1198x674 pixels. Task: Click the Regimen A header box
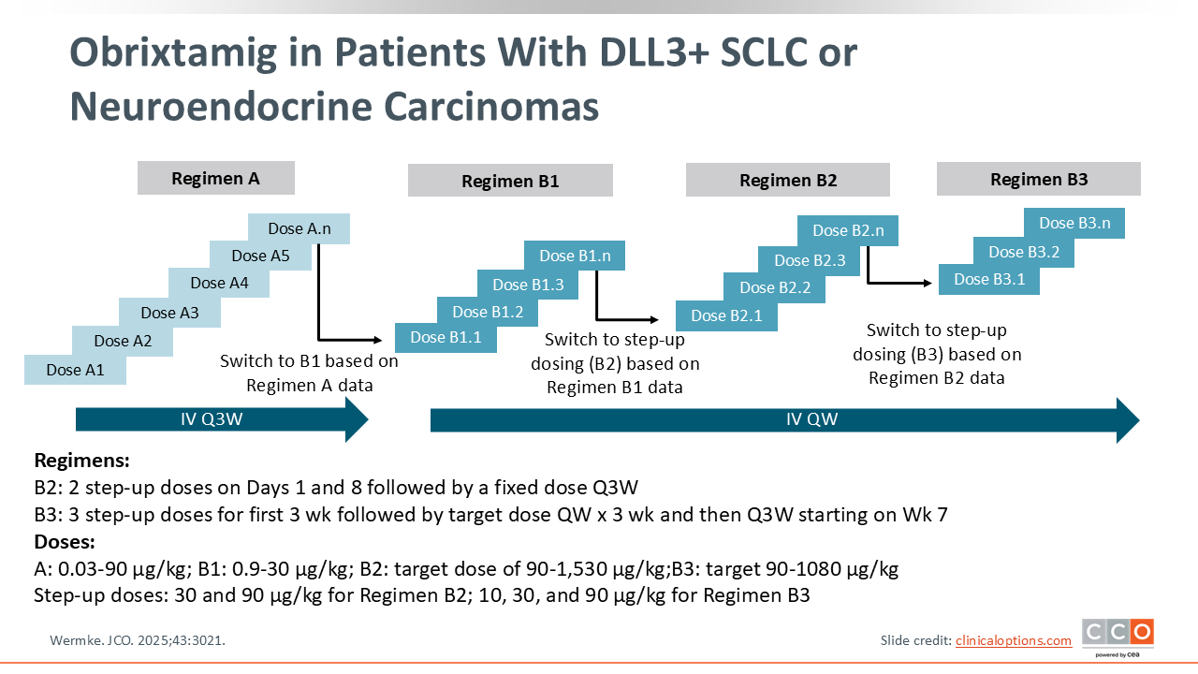click(215, 178)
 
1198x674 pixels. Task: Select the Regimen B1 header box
click(510, 181)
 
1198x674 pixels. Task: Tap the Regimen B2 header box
click(788, 180)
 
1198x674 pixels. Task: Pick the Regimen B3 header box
click(1039, 179)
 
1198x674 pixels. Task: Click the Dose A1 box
click(75, 370)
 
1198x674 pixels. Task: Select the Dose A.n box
click(299, 228)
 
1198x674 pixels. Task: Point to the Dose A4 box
click(220, 283)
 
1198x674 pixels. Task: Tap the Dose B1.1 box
click(446, 338)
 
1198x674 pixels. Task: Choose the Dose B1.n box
click(575, 256)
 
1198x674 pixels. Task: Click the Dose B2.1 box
click(726, 316)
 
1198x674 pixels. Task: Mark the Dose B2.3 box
click(810, 260)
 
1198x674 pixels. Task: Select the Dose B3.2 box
click(1023, 252)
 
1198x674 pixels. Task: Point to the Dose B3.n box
click(1074, 223)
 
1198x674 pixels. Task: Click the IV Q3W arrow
click(222, 418)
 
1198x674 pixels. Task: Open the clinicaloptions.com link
click(1013, 640)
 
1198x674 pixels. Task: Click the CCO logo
click(1118, 634)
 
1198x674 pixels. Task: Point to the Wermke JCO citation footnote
click(137, 640)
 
